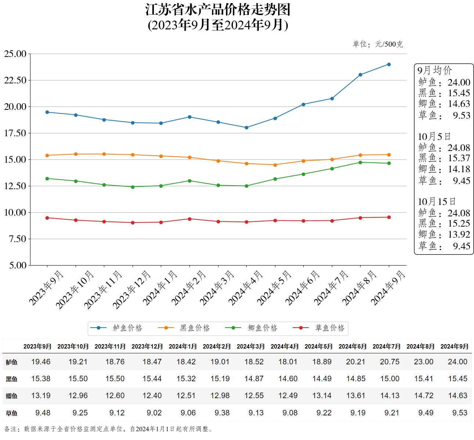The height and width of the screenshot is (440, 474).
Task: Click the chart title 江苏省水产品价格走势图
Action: [218, 10]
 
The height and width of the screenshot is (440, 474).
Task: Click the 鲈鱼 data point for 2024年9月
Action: [389, 65]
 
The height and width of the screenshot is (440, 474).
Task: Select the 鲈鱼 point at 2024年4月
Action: [246, 128]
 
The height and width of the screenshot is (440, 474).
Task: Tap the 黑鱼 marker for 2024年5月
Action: [275, 165]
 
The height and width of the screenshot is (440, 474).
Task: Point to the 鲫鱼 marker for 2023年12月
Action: [133, 187]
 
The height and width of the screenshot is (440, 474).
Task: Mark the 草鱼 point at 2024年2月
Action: [189, 219]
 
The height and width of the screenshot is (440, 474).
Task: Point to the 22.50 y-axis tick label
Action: [15, 80]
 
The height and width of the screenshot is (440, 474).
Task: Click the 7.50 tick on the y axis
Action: [18, 239]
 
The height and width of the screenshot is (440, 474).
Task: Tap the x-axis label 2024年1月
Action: [160, 288]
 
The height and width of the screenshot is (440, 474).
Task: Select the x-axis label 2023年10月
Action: [75, 290]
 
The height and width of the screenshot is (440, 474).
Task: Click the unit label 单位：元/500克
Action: [377, 44]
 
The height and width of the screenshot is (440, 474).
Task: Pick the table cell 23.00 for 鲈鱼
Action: [423, 362]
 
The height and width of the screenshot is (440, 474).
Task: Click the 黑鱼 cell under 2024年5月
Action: [322, 379]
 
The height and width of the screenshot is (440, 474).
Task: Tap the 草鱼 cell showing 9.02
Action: [154, 413]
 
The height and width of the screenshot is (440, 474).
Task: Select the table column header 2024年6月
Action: [352, 346]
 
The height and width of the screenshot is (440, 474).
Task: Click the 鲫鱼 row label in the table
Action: [11, 396]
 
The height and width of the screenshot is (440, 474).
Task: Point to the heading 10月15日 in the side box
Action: [437, 202]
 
